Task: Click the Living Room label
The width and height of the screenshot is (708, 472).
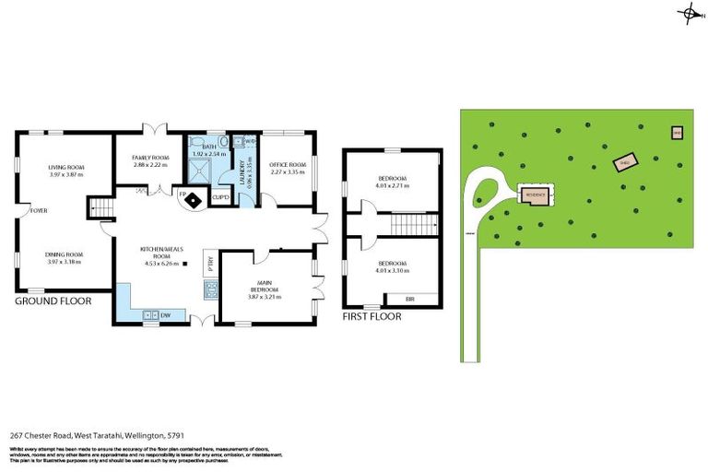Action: point(65,167)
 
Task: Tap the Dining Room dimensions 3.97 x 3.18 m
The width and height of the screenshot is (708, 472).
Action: point(65,262)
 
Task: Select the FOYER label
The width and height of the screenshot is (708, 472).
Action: point(39,210)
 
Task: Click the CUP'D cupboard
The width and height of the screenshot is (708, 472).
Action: point(220,196)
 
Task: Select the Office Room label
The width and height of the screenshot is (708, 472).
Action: point(287,166)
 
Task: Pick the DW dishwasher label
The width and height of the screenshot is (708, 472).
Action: point(165,316)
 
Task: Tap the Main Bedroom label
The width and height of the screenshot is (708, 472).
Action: point(264,289)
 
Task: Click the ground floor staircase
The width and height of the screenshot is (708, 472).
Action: point(100,211)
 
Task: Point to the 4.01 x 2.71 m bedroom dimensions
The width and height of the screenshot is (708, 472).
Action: point(393,186)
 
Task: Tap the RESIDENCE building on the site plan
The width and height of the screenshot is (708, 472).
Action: point(536,195)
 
